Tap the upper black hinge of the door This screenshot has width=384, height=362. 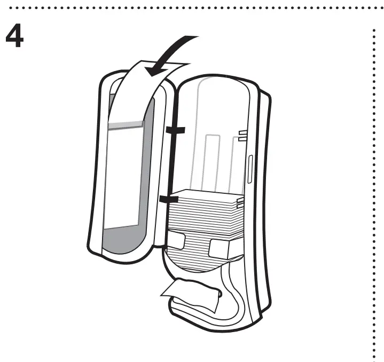tap(175, 130)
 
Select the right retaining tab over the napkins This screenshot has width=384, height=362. tap(220, 247)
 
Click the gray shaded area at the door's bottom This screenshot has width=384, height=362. tap(123, 238)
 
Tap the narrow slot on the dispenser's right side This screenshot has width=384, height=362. tap(249, 171)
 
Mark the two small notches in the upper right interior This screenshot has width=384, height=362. tap(242, 135)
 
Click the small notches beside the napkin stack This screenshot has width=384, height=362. tap(240, 202)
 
